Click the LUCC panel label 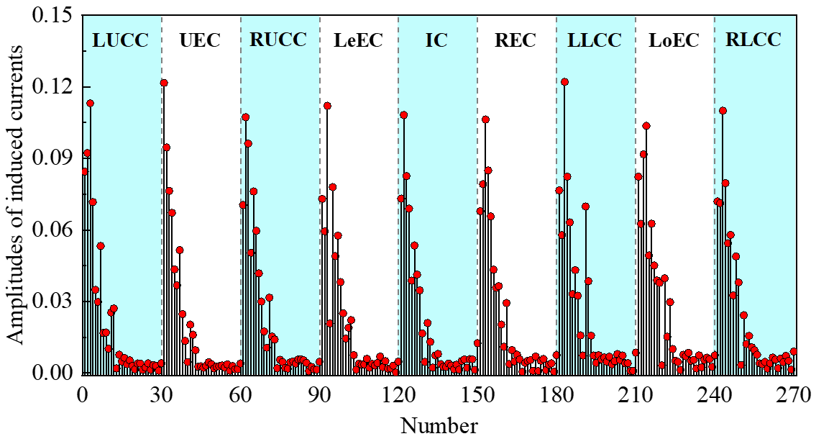(120, 40)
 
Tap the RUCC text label (278, 40)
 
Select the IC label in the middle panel (436, 40)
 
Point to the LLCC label (594, 40)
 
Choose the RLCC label (753, 40)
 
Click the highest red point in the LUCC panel (90, 103)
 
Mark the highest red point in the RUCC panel (245, 117)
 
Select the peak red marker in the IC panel (404, 114)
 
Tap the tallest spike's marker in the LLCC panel (564, 82)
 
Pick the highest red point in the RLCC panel (723, 110)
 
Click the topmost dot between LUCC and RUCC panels (164, 83)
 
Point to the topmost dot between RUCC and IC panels (327, 106)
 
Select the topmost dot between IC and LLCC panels (485, 119)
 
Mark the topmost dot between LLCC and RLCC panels (646, 126)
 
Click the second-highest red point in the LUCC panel (87, 153)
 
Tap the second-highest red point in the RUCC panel (248, 143)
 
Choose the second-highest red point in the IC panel (406, 176)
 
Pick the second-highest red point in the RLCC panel (725, 183)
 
